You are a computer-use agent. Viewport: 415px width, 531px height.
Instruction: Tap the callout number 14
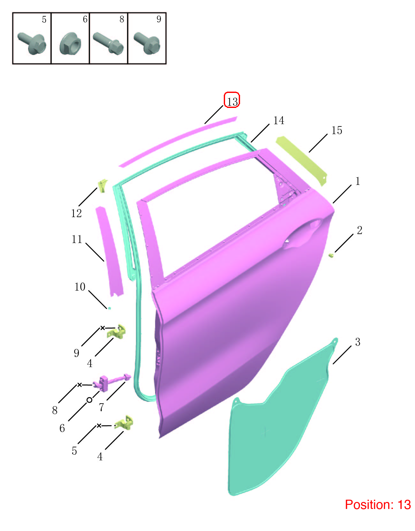[278, 120]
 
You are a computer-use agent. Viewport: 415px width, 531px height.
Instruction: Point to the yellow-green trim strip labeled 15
[302, 161]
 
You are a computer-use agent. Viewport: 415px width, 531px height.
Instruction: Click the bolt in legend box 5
[32, 43]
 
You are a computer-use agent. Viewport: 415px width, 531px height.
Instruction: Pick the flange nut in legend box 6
[70, 43]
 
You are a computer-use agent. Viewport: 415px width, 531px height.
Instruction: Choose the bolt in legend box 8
[108, 43]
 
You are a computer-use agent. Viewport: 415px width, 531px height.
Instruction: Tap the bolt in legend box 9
[147, 43]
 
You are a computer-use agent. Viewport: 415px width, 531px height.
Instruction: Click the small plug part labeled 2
[331, 255]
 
